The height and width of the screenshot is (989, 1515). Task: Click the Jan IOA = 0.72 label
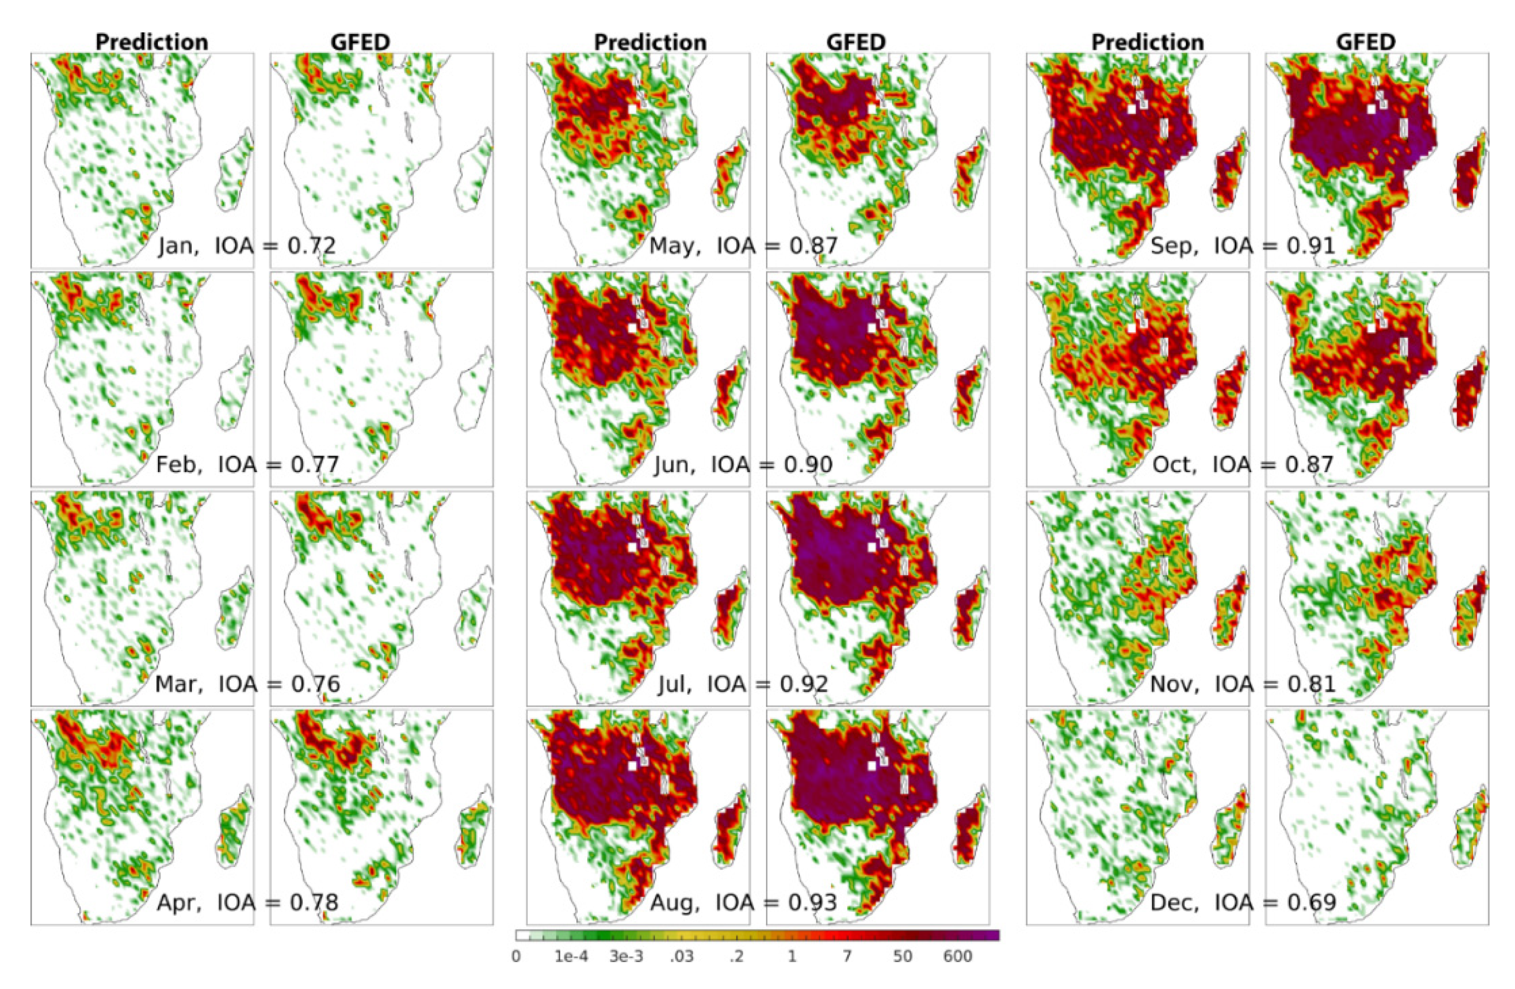tap(247, 245)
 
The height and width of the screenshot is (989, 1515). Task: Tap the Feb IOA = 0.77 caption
tap(247, 465)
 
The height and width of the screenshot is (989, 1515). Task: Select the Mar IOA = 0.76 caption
tap(247, 684)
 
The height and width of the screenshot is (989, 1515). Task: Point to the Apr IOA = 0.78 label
tap(247, 902)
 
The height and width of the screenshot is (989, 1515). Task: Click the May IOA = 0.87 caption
tap(743, 245)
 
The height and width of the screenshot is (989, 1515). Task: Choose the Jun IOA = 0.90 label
tap(743, 465)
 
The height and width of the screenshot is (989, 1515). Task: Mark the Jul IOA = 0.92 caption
tap(743, 684)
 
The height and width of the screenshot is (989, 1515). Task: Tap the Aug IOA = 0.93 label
tap(743, 902)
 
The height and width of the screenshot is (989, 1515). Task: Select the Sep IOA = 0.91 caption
tap(1243, 245)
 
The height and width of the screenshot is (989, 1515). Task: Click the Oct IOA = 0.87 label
tap(1243, 465)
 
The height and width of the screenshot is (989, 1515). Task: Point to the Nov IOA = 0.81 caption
tap(1243, 684)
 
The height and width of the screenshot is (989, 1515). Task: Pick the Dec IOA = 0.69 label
tap(1243, 902)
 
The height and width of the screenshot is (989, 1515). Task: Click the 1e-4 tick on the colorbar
tap(571, 957)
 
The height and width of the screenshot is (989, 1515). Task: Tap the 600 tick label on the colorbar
tap(957, 957)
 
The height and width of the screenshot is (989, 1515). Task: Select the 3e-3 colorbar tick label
tap(627, 957)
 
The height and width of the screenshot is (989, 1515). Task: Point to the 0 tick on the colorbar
tap(516, 957)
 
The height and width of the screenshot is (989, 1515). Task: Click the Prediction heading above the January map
tap(151, 42)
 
